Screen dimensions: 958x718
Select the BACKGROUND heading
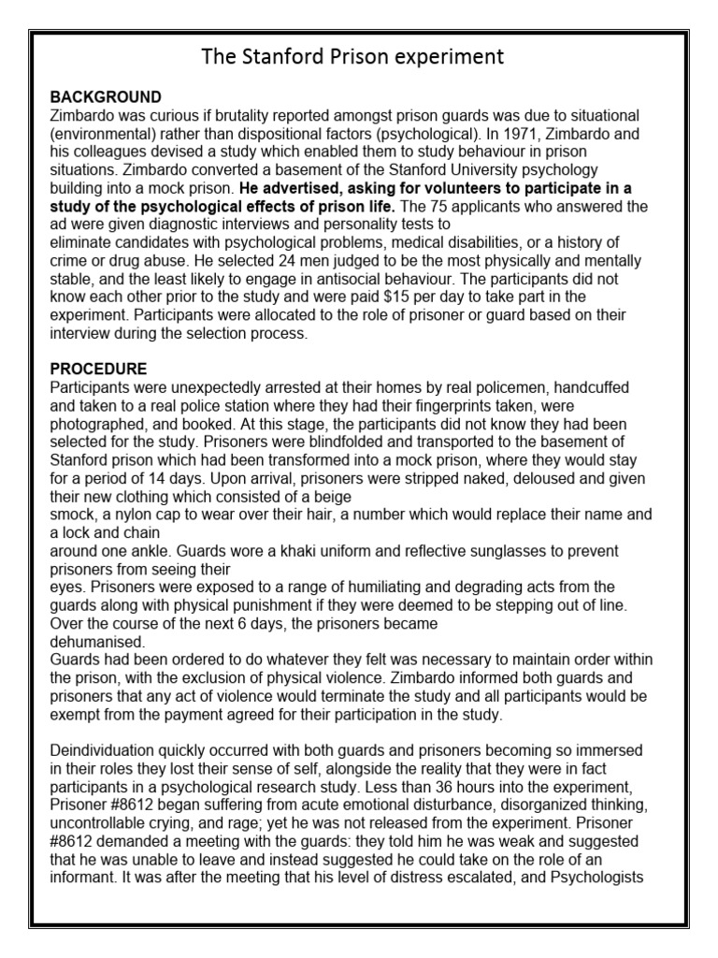[x=105, y=97]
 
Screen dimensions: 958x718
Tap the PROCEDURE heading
[x=98, y=369]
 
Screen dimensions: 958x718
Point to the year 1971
[x=522, y=134]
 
